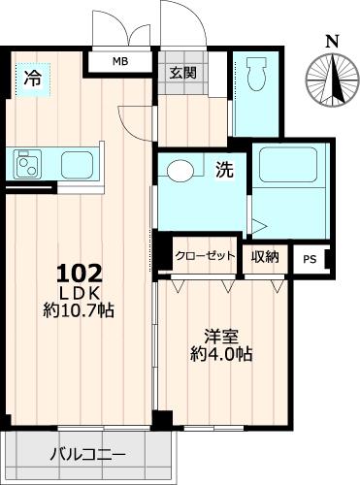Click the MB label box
pyautogui.click(x=119, y=62)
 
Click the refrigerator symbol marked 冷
pyautogui.click(x=32, y=78)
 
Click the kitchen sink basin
pyautogui.click(x=76, y=164)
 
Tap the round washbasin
pyautogui.click(x=181, y=172)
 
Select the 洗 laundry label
pyautogui.click(x=223, y=171)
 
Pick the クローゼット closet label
pyautogui.click(x=205, y=256)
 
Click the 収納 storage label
pyautogui.click(x=266, y=256)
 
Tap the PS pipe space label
pyautogui.click(x=310, y=259)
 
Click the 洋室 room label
pyautogui.click(x=220, y=337)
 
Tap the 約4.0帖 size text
pyautogui.click(x=220, y=355)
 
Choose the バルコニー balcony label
pyautogui.click(x=87, y=453)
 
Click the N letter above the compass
pyautogui.click(x=332, y=41)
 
